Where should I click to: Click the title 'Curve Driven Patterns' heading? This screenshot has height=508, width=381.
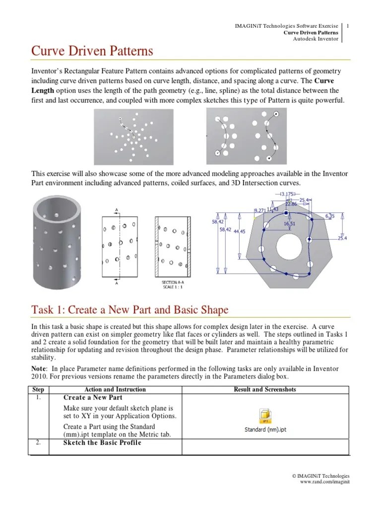pos(92,52)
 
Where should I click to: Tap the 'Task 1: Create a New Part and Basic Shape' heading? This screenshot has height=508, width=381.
pos(130,310)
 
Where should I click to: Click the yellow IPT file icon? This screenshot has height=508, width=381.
pos(265,415)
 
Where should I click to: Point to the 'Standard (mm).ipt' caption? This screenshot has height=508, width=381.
pos(265,430)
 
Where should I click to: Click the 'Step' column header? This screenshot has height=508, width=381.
pos(38,389)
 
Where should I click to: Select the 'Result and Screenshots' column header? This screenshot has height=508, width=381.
pos(264,389)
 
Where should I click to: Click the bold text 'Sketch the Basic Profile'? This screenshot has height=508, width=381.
pos(102,443)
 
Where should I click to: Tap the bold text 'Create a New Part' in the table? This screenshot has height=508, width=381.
pos(93,398)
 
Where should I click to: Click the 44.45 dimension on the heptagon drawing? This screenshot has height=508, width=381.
pos(239,231)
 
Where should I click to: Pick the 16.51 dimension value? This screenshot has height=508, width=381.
pos(290,224)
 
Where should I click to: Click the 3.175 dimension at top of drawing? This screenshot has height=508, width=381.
pos(288,194)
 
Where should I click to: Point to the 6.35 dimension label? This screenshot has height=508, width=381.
pos(329,216)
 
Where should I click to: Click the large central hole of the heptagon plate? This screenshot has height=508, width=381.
pos(288,246)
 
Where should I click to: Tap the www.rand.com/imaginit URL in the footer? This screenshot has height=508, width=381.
pos(325,482)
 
